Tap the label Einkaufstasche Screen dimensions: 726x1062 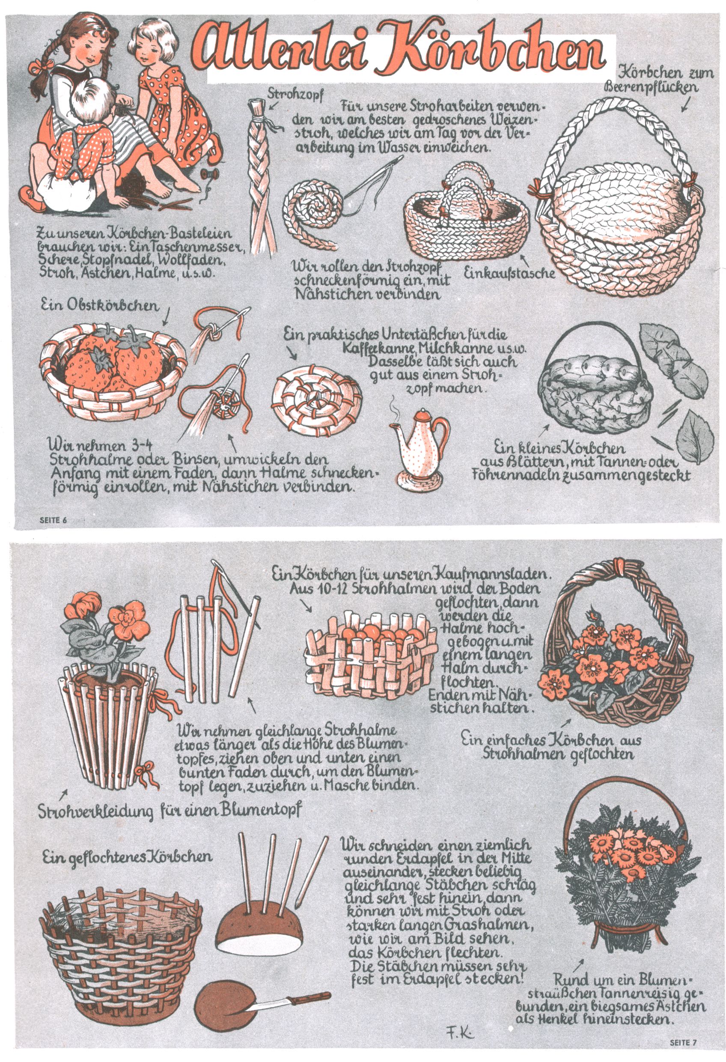coord(509,273)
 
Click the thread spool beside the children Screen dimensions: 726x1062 coord(209,174)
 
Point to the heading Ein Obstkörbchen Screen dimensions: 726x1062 coord(100,305)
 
